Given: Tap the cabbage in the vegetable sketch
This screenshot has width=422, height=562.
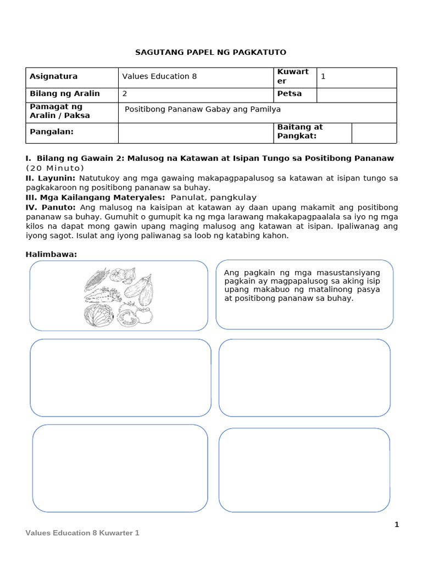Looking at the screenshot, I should (98, 316).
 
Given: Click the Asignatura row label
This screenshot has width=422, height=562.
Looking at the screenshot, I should (53, 76).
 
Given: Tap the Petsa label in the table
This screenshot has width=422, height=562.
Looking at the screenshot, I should (290, 93).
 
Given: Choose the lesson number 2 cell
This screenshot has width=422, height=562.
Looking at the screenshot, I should (125, 93).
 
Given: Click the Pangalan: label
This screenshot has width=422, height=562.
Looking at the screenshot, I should (51, 132).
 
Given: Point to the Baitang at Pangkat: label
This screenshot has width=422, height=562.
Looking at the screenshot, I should (300, 132).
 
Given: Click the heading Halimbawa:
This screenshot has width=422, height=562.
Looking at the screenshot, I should (52, 254).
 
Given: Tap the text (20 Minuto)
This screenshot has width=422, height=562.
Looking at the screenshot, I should (55, 168).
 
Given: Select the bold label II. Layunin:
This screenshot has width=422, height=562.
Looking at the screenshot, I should (52, 178).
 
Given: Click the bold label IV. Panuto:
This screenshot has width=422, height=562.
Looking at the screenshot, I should (51, 207).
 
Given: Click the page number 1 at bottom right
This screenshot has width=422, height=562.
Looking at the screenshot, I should (397, 525).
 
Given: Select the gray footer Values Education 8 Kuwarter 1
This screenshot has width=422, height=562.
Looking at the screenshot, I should (82, 533).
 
